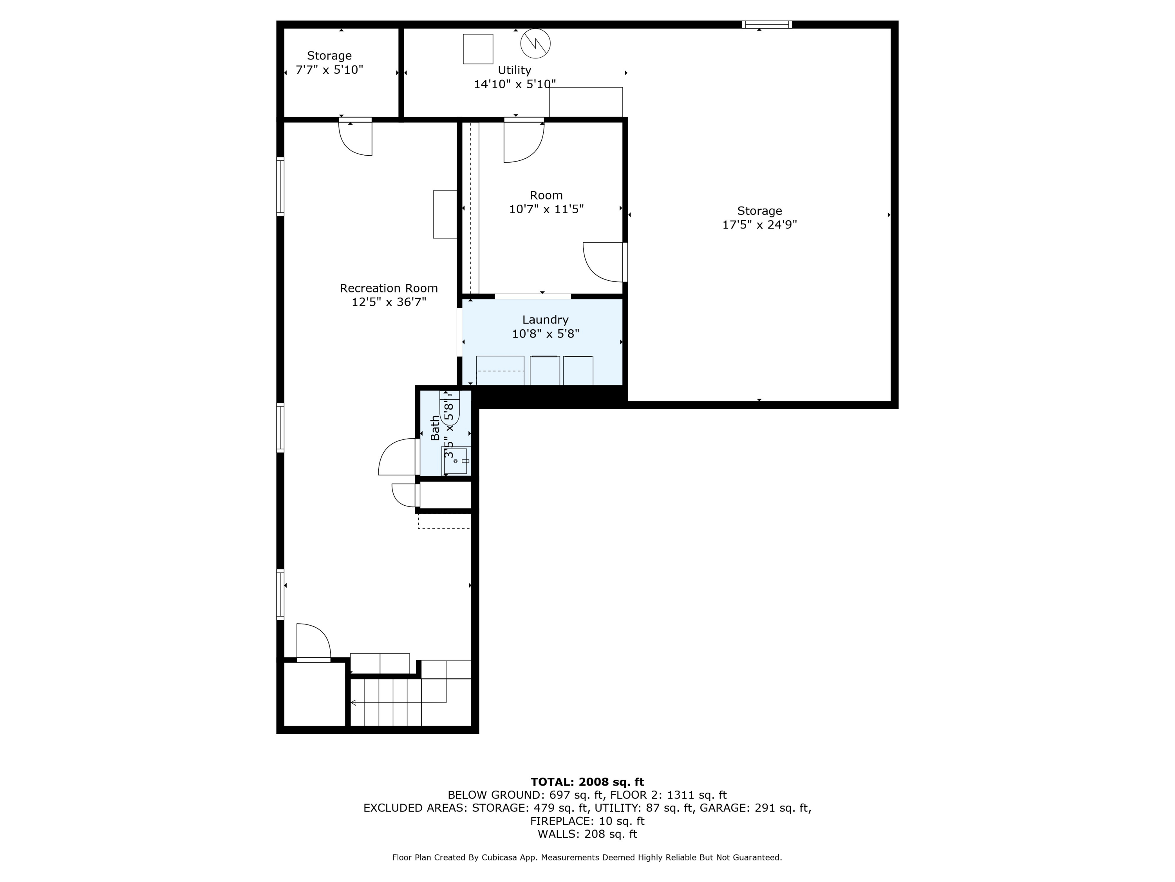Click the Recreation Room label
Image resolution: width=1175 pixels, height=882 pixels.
pos(389,288)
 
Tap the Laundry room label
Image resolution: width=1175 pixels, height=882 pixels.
pos(545,319)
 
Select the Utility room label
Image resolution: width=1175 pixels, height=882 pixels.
pos(514,70)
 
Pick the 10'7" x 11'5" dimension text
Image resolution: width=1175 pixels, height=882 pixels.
pos(546,209)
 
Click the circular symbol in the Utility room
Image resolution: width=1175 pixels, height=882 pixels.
pos(535,44)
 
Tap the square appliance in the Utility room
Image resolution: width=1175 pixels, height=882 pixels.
pos(478,49)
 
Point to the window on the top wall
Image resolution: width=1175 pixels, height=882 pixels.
pos(767,24)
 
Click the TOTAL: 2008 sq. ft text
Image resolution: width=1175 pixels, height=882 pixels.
pos(587,782)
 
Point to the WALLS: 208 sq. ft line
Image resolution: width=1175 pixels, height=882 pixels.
pos(587,834)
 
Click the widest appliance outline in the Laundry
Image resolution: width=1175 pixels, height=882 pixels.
pos(500,370)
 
